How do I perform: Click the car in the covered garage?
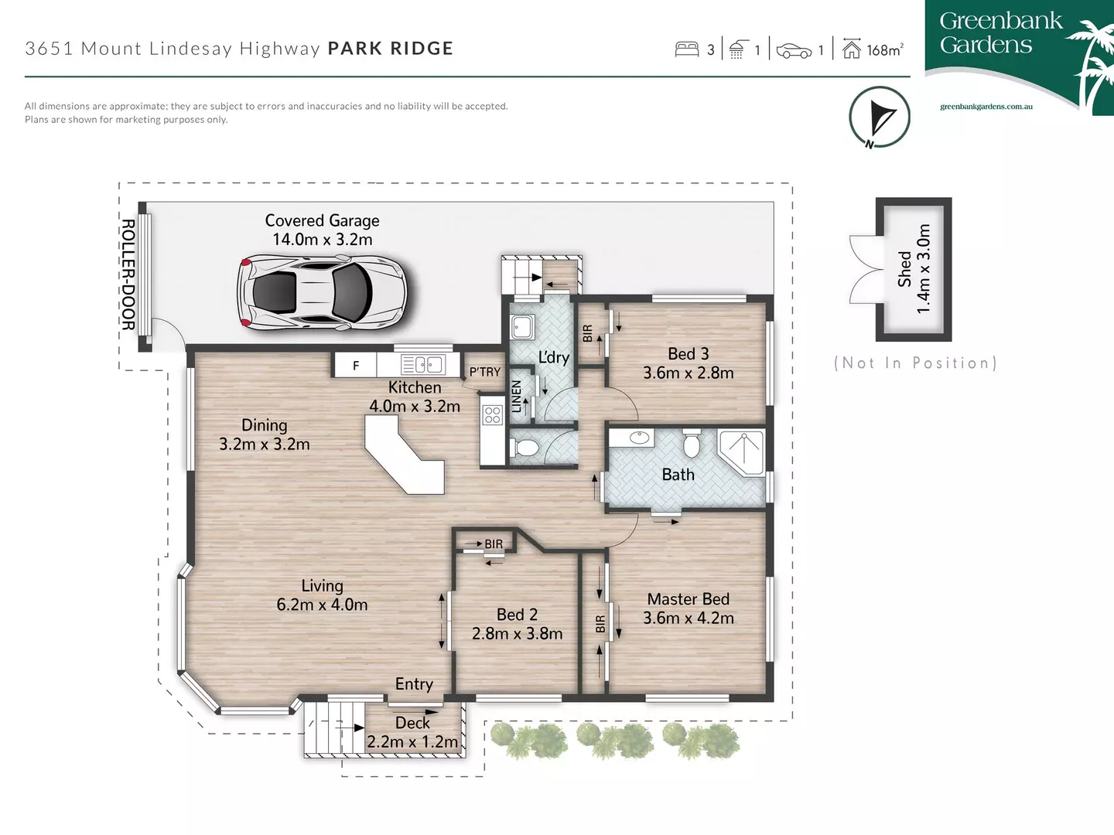[x=322, y=293]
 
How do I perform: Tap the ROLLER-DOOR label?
[x=128, y=274]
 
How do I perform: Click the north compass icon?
[x=879, y=118]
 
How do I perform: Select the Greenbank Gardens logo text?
[x=1000, y=33]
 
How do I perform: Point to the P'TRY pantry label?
[x=485, y=372]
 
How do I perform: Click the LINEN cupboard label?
[x=517, y=396]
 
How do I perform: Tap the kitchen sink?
[x=422, y=364]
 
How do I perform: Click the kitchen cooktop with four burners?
[x=493, y=415]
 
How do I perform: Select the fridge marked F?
[x=356, y=366]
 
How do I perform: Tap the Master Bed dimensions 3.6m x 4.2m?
[x=689, y=618]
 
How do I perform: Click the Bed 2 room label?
[x=517, y=615]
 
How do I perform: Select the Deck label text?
[x=412, y=723]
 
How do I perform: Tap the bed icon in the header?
[x=687, y=49]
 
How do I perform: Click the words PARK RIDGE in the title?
[x=391, y=49]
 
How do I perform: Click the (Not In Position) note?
[x=915, y=363]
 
